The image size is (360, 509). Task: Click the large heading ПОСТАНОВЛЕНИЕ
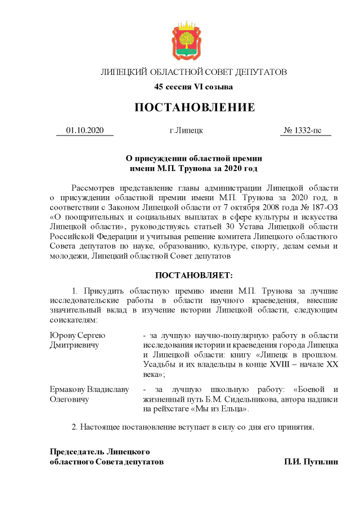194,107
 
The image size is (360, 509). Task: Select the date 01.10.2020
85,130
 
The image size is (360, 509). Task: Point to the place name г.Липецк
187,130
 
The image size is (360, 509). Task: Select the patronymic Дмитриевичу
74,345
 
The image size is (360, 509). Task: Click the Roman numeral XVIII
272,364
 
